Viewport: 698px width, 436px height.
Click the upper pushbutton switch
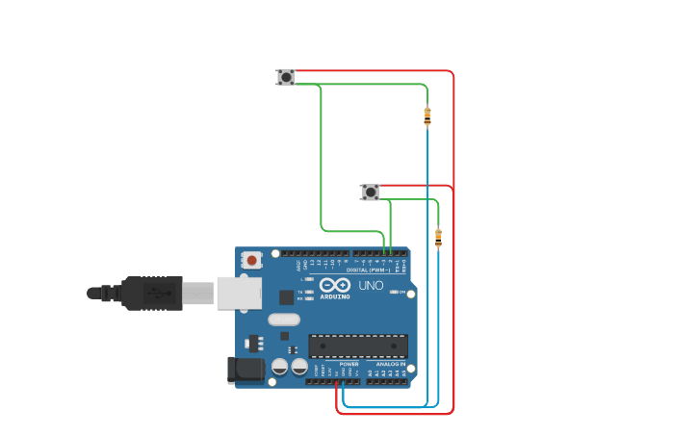point(286,77)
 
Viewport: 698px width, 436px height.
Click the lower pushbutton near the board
point(371,192)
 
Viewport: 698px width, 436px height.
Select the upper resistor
point(427,116)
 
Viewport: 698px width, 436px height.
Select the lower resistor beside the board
point(439,238)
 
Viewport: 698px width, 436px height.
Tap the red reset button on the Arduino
point(252,260)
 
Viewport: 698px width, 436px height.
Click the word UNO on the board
point(371,286)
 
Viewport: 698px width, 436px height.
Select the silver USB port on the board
point(239,293)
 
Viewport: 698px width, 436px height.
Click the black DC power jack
point(246,370)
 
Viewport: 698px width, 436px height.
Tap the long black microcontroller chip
point(357,346)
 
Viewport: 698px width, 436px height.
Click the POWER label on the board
point(349,364)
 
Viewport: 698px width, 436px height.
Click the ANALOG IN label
point(391,364)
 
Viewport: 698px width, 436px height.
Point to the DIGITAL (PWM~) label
point(375,270)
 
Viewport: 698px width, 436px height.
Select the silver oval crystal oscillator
point(284,320)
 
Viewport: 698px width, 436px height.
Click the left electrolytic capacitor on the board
point(279,367)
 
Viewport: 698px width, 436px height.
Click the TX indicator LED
point(307,291)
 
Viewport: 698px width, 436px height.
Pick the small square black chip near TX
point(287,297)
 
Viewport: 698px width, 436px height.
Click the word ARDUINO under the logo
point(336,297)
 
